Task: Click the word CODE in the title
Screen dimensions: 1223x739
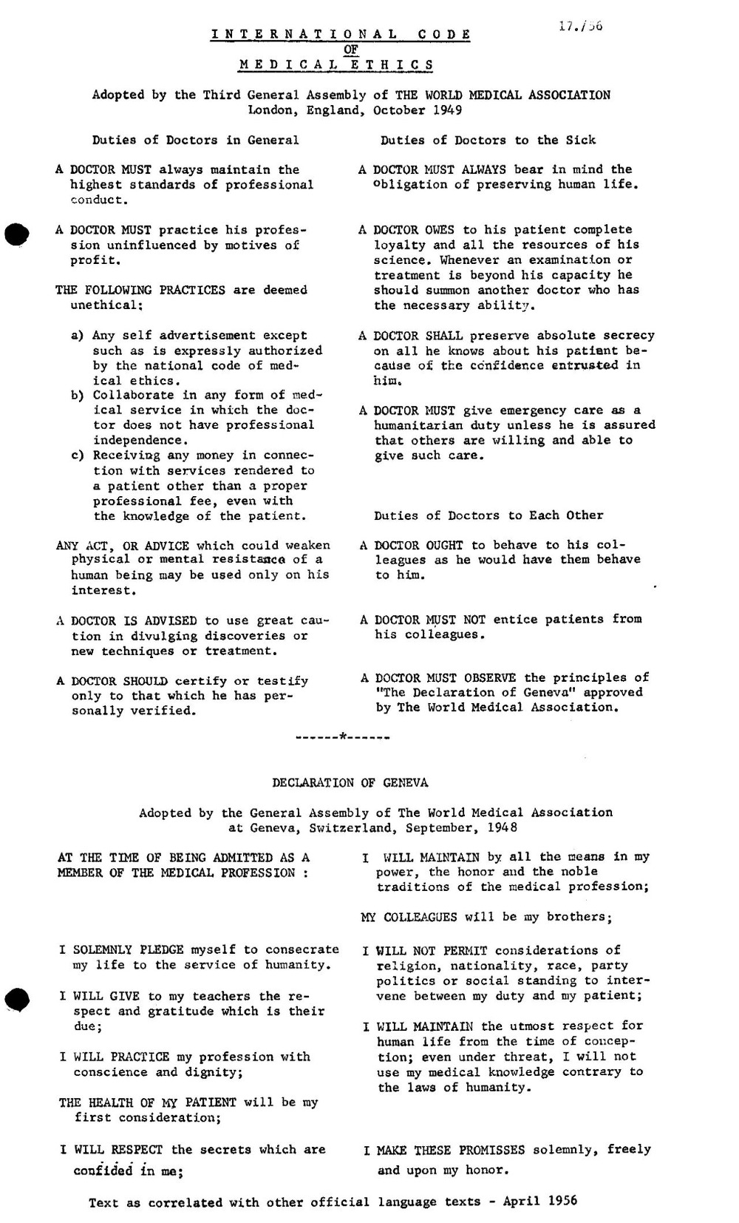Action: [443, 34]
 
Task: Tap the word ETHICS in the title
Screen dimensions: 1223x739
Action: [392, 64]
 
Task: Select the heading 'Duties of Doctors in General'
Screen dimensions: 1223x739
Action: [196, 140]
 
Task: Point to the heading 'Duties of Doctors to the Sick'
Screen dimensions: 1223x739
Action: [488, 140]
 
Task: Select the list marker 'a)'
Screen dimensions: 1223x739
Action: [78, 336]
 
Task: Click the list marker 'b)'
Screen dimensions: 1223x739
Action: [78, 395]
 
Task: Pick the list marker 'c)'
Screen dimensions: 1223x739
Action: [78, 455]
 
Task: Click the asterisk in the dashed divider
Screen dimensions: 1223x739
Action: [343, 737]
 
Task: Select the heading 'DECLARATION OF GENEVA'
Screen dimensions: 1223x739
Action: [350, 782]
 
